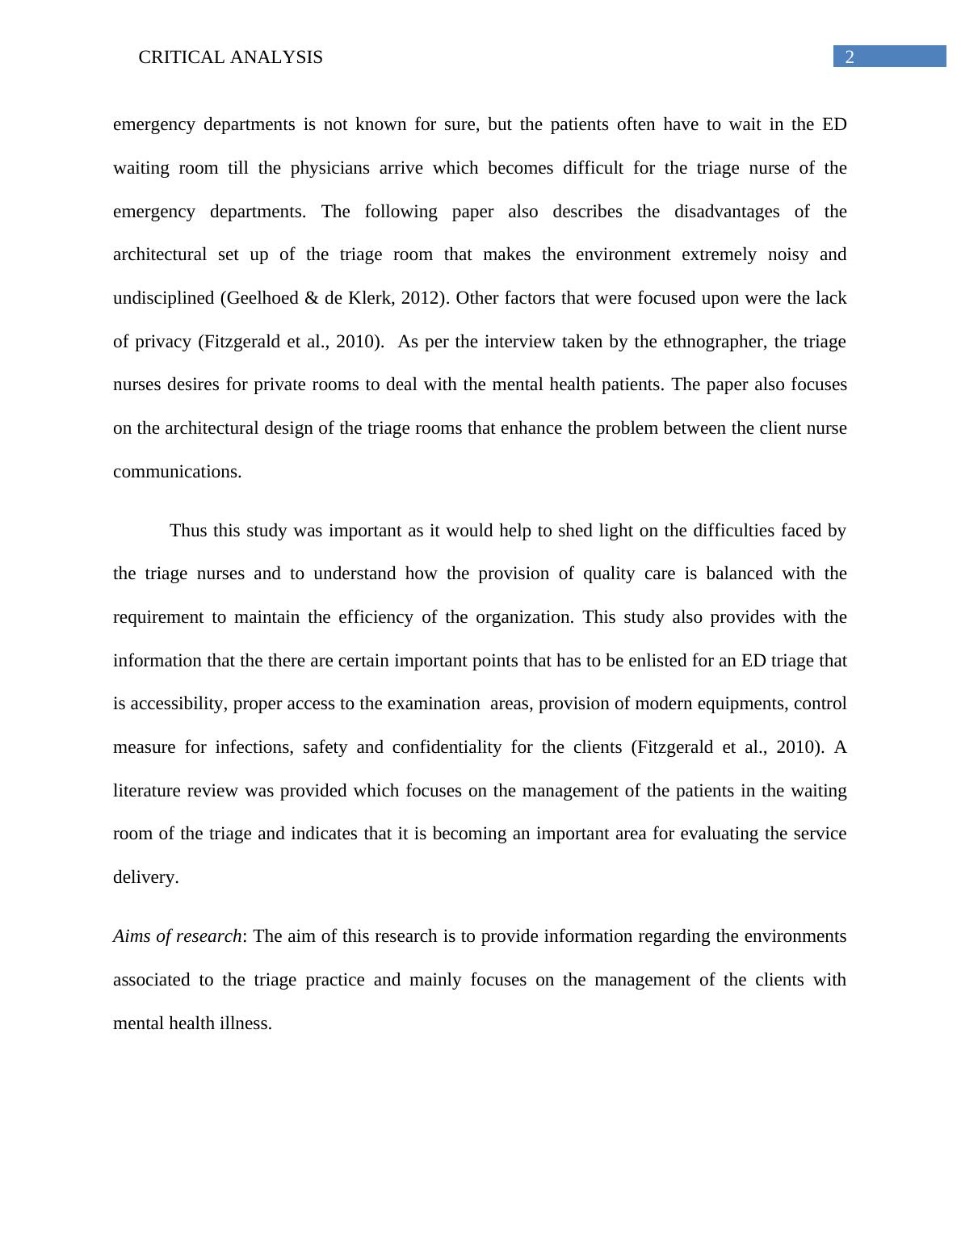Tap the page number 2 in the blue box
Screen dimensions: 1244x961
tap(849, 57)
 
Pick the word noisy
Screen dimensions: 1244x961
tap(787, 254)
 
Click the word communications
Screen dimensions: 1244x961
tap(176, 472)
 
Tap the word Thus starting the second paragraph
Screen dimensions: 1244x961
tap(188, 531)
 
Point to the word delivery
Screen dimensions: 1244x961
tap(145, 877)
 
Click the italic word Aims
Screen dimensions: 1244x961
tap(132, 936)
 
